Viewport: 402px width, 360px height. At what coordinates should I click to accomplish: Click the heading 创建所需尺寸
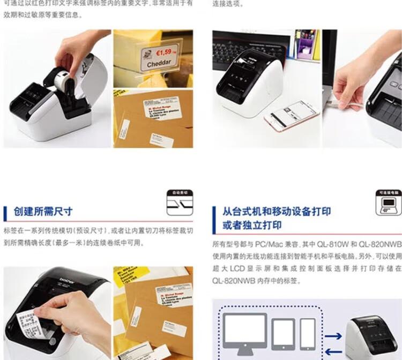coord(43,212)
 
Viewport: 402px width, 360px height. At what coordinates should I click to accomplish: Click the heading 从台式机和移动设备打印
coord(277,211)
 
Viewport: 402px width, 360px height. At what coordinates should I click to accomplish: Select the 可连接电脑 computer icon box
coord(388,202)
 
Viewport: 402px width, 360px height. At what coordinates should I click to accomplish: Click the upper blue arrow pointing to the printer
coord(333,336)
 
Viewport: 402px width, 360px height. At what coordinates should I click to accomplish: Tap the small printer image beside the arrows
coord(371,337)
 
